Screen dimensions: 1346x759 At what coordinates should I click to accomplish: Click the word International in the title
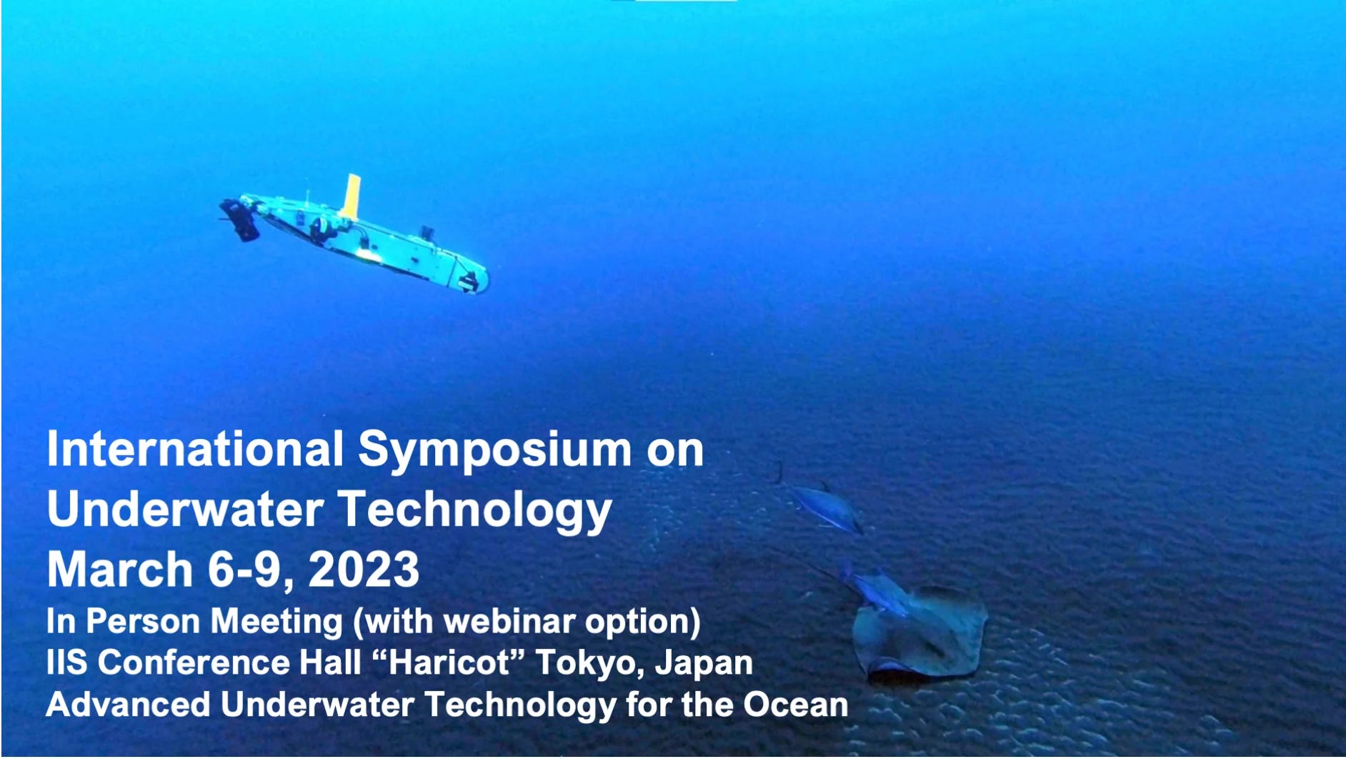click(x=195, y=450)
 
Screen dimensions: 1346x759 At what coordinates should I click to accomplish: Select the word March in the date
click(x=119, y=570)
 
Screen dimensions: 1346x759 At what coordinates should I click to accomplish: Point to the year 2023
click(x=364, y=570)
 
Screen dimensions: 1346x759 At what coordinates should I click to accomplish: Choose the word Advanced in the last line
click(x=128, y=705)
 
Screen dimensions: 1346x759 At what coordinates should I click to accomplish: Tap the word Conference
click(x=193, y=663)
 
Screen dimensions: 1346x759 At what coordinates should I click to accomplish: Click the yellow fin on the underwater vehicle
click(x=351, y=196)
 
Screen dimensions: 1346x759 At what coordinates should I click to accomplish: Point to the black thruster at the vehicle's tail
click(x=240, y=219)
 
